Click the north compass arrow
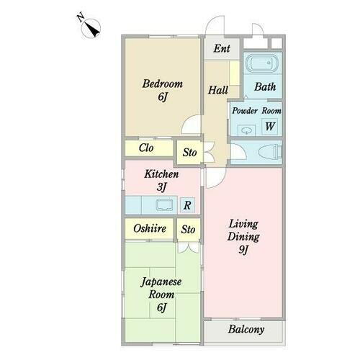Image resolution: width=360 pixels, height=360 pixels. pyautogui.click(x=91, y=27)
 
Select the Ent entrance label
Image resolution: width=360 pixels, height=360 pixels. pyautogui.click(x=222, y=50)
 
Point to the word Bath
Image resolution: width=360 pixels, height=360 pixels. pyautogui.click(x=266, y=87)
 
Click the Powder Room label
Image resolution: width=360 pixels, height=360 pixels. pyautogui.click(x=256, y=111)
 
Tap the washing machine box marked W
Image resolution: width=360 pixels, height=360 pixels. pyautogui.click(x=270, y=127)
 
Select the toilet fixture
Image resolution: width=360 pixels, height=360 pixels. pyautogui.click(x=266, y=152)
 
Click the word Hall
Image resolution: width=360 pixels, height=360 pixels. pyautogui.click(x=217, y=90)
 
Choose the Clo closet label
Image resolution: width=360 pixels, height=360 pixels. pyautogui.click(x=147, y=149)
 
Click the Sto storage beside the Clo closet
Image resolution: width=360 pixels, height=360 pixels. pyautogui.click(x=189, y=153)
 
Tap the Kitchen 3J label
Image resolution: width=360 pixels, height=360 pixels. pyautogui.click(x=161, y=179)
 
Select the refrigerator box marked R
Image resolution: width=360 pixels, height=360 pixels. pyautogui.click(x=186, y=205)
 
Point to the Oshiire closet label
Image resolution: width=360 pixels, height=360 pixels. pyautogui.click(x=150, y=229)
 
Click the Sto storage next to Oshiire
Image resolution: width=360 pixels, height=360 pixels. pyautogui.click(x=187, y=230)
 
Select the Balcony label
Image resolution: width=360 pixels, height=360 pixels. pyautogui.click(x=246, y=330)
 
